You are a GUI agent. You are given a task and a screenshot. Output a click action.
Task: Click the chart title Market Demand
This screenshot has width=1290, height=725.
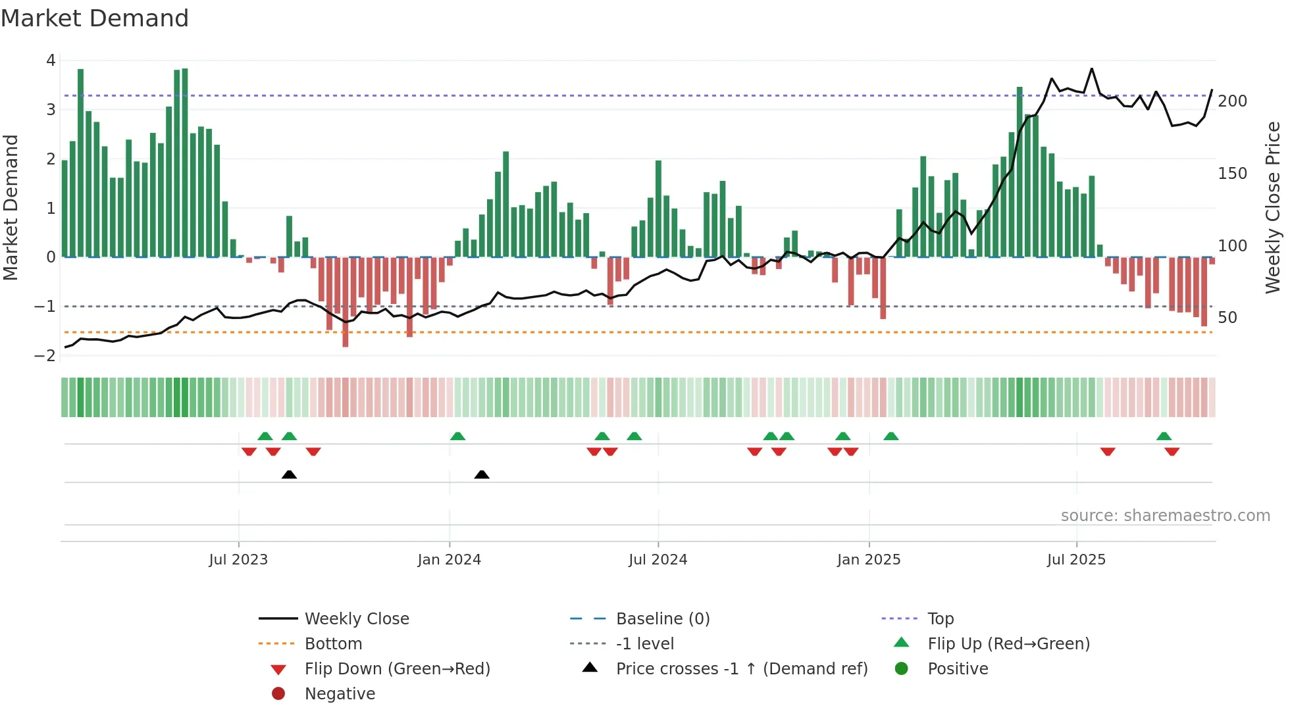95,18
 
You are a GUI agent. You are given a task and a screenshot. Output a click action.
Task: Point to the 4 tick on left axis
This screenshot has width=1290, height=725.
51,61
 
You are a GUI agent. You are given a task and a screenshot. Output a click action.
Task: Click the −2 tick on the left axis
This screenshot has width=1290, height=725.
45,356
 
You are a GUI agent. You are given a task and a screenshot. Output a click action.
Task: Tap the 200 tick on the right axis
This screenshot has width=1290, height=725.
1232,101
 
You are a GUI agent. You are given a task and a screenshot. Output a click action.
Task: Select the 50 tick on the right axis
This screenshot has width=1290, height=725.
1227,318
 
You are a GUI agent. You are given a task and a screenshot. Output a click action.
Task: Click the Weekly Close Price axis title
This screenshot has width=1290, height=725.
1273,207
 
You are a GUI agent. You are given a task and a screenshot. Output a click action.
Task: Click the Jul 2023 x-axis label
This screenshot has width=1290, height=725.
238,560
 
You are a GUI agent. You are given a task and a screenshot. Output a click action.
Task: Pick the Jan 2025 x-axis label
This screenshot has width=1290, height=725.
869,560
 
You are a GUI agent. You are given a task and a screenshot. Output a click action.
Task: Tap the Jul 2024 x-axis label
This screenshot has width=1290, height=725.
658,560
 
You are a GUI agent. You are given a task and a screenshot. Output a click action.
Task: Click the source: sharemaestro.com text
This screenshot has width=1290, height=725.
1165,516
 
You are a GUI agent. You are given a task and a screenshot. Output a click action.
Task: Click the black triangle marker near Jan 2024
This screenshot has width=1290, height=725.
482,474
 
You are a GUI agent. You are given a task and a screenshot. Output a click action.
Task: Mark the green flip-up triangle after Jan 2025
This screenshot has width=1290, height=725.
891,436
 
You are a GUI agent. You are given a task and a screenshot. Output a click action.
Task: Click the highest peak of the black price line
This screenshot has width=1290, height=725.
1092,68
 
